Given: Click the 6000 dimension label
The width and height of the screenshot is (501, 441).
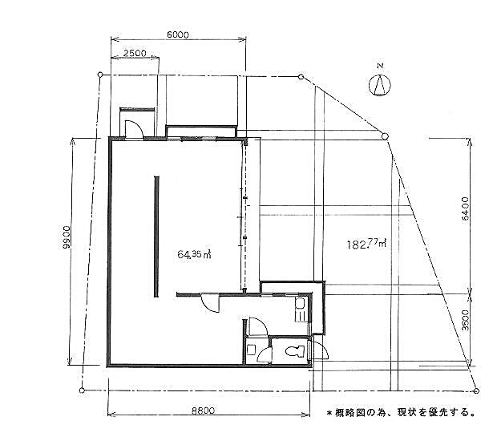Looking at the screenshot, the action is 178,34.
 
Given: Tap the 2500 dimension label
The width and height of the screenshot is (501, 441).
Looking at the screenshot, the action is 135,53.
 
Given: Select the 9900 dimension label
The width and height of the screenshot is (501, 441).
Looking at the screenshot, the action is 67,237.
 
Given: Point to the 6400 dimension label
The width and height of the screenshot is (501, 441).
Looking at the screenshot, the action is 466,208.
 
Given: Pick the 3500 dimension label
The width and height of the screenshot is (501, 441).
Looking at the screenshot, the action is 466,320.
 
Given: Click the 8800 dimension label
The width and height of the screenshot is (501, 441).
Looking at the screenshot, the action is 203,411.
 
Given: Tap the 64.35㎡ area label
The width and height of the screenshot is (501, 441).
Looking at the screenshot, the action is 195,254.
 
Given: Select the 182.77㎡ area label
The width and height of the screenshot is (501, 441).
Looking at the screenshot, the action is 367,244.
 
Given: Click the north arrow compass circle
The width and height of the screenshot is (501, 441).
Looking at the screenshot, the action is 380,85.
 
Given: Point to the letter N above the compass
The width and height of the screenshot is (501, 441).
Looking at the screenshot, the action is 380,66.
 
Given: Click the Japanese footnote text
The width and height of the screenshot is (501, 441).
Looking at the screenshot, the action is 401,413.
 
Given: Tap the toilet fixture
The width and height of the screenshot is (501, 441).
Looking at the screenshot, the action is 296,351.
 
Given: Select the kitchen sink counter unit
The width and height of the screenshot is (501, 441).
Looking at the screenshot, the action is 301,310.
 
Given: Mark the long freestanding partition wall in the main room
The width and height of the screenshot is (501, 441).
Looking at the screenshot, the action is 156,237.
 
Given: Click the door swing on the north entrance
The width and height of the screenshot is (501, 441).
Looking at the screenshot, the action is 133,129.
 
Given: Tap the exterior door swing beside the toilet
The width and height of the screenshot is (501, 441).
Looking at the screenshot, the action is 320,350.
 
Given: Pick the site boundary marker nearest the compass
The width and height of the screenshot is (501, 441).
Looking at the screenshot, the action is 386,137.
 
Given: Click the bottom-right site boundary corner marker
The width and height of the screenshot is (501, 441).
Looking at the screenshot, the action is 476,390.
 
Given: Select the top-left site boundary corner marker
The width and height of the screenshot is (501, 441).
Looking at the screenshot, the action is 100,75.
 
